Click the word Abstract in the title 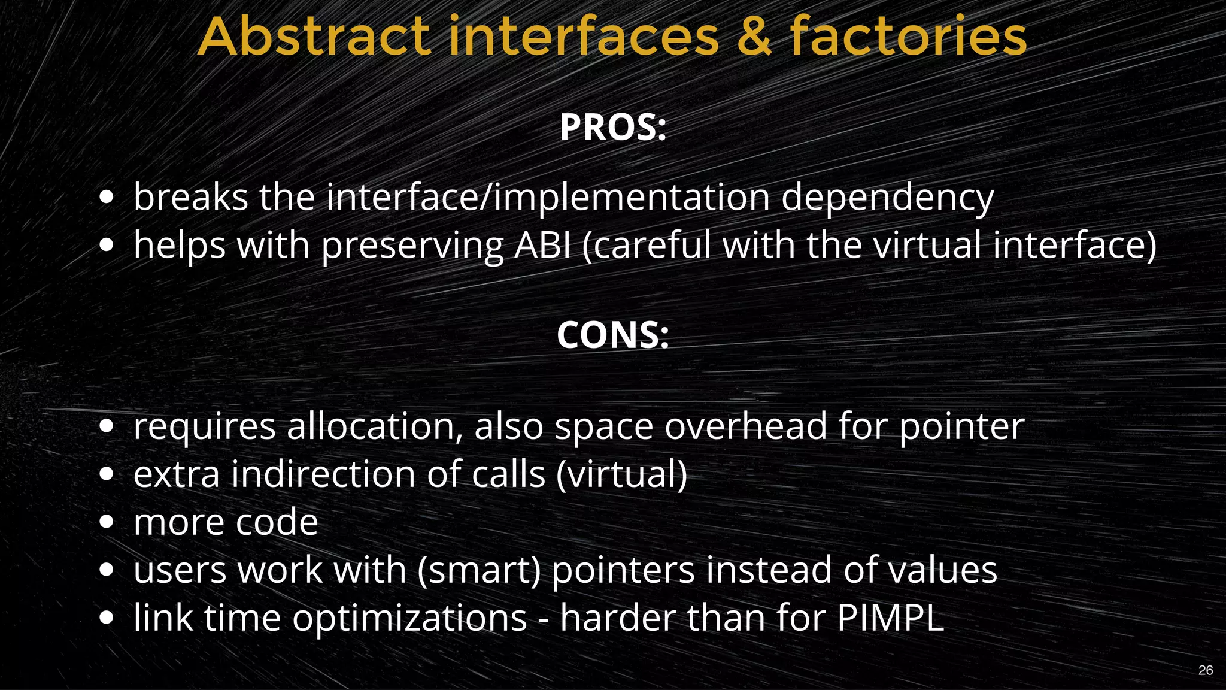[314, 37]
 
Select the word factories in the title [908, 37]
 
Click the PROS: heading [613, 128]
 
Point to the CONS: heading [613, 335]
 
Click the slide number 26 [1206, 670]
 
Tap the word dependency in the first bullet [887, 198]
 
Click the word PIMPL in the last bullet [890, 618]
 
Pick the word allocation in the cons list [375, 426]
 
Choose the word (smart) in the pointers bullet [479, 570]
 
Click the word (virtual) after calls [622, 474]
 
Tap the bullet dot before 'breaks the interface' [107, 197]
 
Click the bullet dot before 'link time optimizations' [107, 618]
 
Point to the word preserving [413, 246]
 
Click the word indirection [323, 474]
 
